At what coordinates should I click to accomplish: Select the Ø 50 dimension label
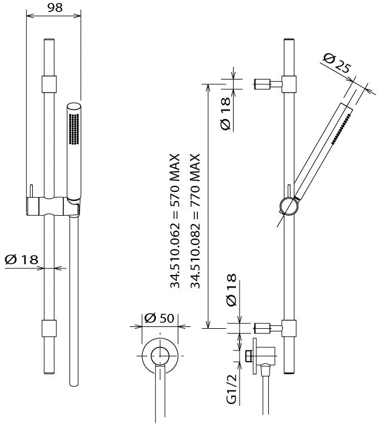[x=159, y=319]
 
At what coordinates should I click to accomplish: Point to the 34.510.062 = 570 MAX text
[x=176, y=220]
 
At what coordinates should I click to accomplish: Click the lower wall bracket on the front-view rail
[x=49, y=328]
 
